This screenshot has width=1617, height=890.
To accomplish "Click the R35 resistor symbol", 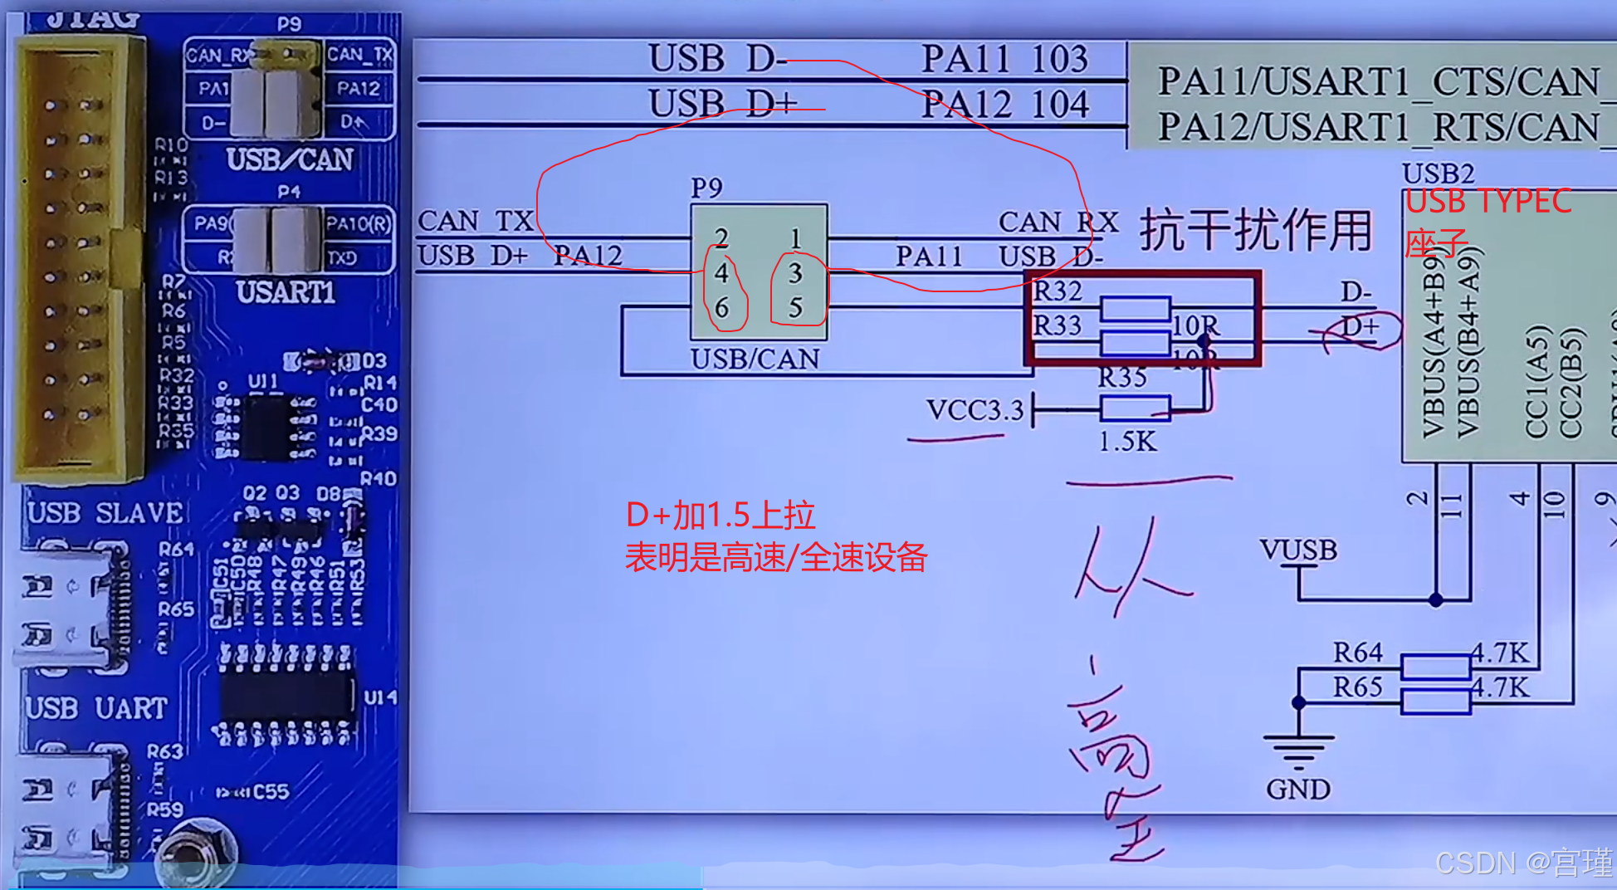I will click(x=1135, y=408).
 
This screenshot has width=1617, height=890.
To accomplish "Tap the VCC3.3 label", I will click(x=975, y=410).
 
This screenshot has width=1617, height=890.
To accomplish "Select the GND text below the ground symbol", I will click(x=1297, y=789).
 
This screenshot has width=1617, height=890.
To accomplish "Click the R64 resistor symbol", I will click(x=1435, y=667).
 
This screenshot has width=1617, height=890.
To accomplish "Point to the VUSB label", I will click(x=1297, y=550).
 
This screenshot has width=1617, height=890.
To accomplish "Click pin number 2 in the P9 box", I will click(x=721, y=238).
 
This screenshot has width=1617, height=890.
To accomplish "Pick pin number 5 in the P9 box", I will click(x=795, y=308).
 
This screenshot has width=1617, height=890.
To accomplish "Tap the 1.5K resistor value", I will click(x=1126, y=442).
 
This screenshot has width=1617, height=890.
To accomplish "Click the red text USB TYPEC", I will click(x=1488, y=202).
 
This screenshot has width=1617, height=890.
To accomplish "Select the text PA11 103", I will click(x=1004, y=59).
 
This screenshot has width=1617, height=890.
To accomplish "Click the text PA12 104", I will click(x=1004, y=105).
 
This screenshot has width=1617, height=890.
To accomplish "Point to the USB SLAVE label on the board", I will click(x=105, y=513).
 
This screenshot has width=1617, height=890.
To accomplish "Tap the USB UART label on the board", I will click(x=96, y=708).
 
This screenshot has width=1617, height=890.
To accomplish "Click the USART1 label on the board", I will click(x=286, y=292).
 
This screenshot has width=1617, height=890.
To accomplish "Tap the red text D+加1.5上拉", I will click(x=720, y=516).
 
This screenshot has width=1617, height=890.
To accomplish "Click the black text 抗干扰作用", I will click(x=1255, y=230).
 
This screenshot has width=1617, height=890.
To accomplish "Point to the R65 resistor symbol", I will click(x=1435, y=702).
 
